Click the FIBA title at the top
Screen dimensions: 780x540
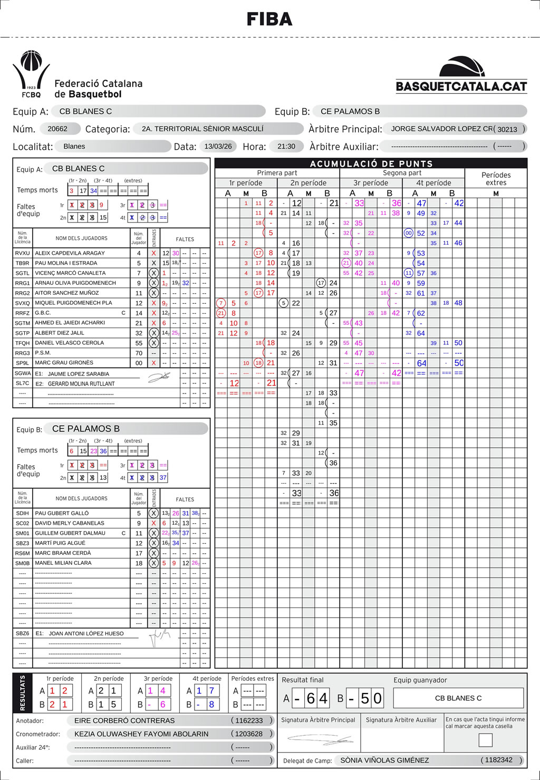pos(269,20)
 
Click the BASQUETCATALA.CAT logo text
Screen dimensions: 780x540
pos(461,86)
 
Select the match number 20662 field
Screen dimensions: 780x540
pos(57,129)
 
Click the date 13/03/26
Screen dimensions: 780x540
pos(218,146)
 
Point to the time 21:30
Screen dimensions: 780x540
pos(286,146)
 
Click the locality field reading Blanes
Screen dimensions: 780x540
pos(74,146)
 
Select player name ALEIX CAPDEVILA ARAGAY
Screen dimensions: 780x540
pos(70,253)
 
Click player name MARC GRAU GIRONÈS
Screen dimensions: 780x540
pos(64,363)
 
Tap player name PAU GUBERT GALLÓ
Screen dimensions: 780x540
pos(62,513)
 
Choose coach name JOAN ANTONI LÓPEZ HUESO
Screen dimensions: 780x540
pos(86,633)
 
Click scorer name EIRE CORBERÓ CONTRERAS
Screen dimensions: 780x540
pos(124,720)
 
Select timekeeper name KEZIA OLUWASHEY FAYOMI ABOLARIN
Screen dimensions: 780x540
pos(141,734)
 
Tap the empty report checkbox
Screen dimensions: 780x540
pos(485,740)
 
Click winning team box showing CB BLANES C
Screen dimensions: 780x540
pos(458,698)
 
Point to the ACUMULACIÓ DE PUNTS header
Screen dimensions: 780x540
pos(371,163)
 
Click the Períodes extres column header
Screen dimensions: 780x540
pos(496,179)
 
